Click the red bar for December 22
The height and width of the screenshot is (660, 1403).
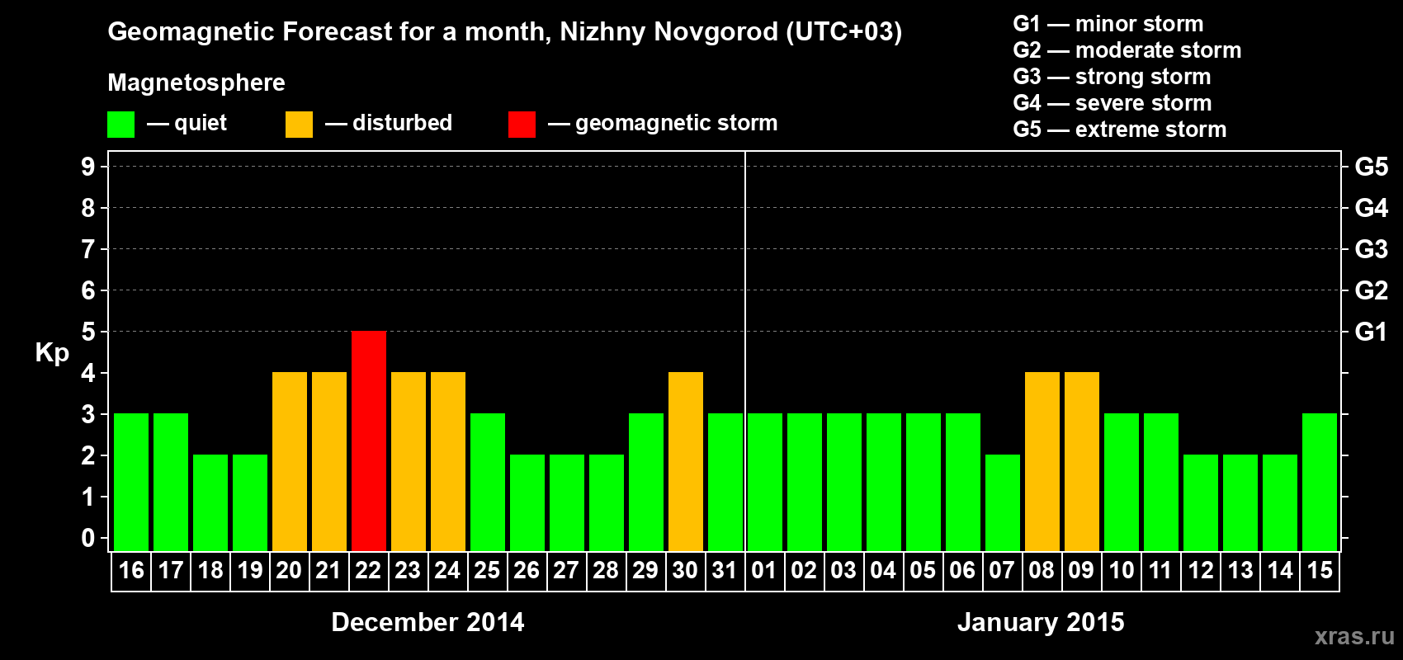point(368,441)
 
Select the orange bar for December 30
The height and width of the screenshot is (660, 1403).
point(685,461)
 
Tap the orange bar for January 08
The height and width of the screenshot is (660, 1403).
point(1042,461)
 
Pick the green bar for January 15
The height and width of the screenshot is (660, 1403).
point(1319,482)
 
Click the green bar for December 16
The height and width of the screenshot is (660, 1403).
point(131,482)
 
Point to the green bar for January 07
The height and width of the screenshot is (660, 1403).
point(1002,502)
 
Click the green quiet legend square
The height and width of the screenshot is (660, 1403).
point(120,125)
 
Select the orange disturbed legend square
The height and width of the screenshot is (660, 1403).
point(299,125)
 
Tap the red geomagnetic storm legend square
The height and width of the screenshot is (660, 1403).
point(522,125)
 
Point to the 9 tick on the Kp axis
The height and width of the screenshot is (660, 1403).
point(88,167)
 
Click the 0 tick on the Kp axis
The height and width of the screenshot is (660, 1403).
point(88,539)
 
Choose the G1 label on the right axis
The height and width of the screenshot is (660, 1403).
point(1371,332)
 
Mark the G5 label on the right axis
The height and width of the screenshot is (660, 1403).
point(1371,167)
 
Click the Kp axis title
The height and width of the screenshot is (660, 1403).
point(52,353)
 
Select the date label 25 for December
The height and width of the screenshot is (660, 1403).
point(487,570)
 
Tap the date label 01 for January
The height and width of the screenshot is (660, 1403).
point(764,570)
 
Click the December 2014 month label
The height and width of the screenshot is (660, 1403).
point(428,622)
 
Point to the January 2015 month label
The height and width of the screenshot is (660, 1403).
point(1041,622)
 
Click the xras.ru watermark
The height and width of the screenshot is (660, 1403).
point(1353,636)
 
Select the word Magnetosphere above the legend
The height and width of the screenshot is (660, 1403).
point(196,82)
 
